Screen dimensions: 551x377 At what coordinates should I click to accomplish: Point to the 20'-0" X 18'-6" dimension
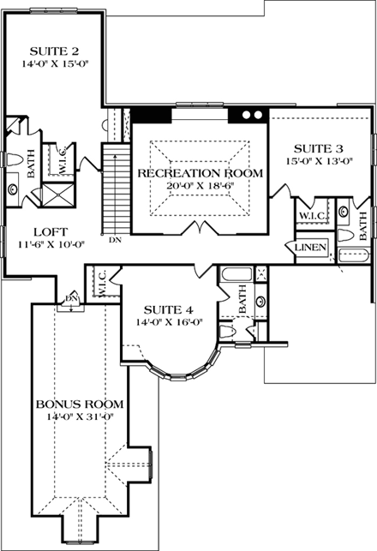(x=200, y=187)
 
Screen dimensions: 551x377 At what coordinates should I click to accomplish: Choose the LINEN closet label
(x=309, y=248)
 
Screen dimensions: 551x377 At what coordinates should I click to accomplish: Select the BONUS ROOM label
(x=79, y=403)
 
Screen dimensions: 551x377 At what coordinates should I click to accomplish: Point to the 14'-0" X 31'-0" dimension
(x=79, y=416)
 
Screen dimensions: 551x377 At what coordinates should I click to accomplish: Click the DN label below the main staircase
(x=115, y=240)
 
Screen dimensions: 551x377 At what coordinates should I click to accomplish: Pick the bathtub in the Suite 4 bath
(x=232, y=276)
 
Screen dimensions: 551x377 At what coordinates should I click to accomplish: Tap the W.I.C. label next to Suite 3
(x=309, y=214)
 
